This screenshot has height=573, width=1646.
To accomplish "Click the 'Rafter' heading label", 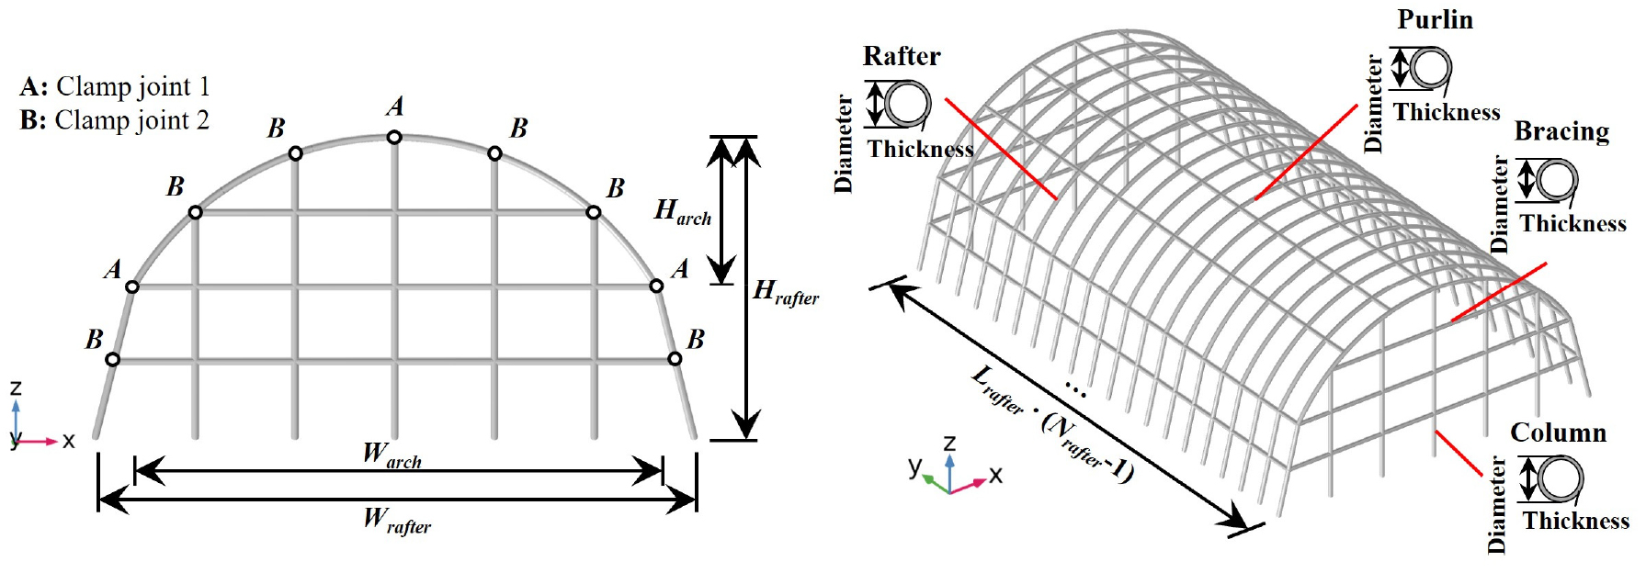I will pos(901,57).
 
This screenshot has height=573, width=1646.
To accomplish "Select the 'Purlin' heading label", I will pos(1435,20).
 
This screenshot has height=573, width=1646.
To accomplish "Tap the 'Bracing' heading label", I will pos(1561,132).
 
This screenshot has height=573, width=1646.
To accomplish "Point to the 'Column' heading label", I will pos(1558,433).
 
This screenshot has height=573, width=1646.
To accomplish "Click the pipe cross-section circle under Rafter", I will pos(907,103).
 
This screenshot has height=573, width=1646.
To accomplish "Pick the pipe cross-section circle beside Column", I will pos(1560,478).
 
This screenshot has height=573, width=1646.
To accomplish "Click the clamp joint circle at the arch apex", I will pos(394,137).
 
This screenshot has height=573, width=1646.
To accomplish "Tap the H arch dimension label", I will pos(682,212).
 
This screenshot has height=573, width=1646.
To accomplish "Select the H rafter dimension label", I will pos(785,293).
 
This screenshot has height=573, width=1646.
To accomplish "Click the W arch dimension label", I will pos(392,455).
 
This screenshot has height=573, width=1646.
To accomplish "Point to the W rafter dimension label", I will pos(396,521).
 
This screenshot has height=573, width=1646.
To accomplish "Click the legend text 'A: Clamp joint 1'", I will pos(115,87).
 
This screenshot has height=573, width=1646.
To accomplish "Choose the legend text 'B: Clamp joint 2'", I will pos(115,121).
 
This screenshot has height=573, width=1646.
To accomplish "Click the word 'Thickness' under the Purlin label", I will pos(1447,113).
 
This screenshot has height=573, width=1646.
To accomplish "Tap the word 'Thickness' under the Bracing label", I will pos(1572,224).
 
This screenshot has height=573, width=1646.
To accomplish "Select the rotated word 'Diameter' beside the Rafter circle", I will pos(844,144).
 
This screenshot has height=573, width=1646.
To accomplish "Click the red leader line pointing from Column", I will pos(1459,453).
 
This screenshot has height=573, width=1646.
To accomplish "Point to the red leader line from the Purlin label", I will pos(1306,152).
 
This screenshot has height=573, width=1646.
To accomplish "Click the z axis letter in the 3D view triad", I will pos(949,443).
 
